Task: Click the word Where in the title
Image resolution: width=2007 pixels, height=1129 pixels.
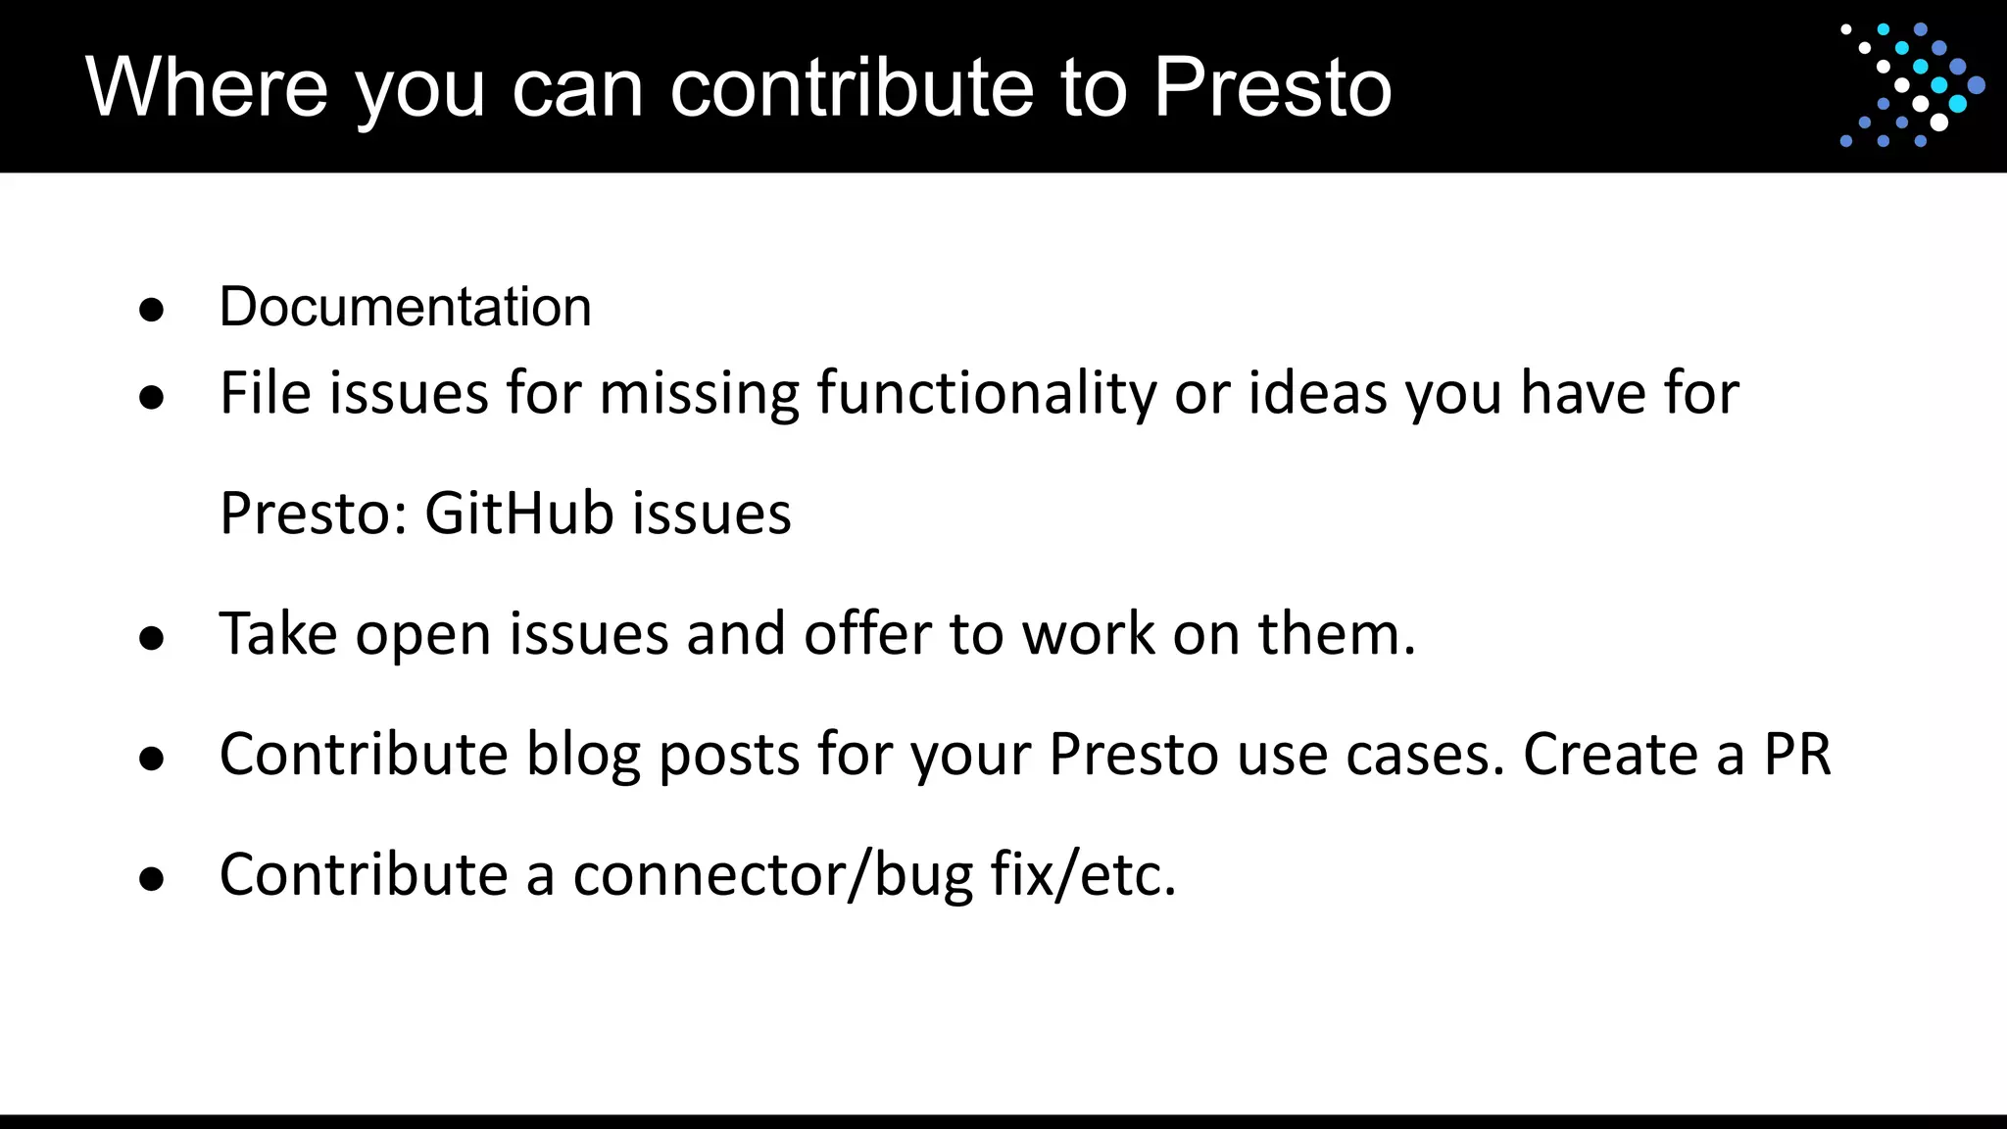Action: (x=206, y=87)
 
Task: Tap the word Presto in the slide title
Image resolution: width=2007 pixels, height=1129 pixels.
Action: (x=1272, y=87)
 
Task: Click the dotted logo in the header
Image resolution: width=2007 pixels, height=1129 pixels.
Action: (x=1912, y=86)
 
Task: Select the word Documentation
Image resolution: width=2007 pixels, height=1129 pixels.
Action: (x=405, y=307)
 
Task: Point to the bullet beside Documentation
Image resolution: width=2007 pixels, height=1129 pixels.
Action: (x=151, y=311)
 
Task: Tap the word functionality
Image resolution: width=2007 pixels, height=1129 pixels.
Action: (x=987, y=395)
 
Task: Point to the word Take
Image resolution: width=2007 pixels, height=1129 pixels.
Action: (x=278, y=634)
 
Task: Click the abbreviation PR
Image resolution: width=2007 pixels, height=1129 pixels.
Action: (x=1797, y=755)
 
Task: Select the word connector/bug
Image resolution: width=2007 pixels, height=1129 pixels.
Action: (x=772, y=875)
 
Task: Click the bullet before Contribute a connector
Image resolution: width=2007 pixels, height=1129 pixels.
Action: (x=151, y=880)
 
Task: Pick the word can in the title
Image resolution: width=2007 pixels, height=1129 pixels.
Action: (x=577, y=88)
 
